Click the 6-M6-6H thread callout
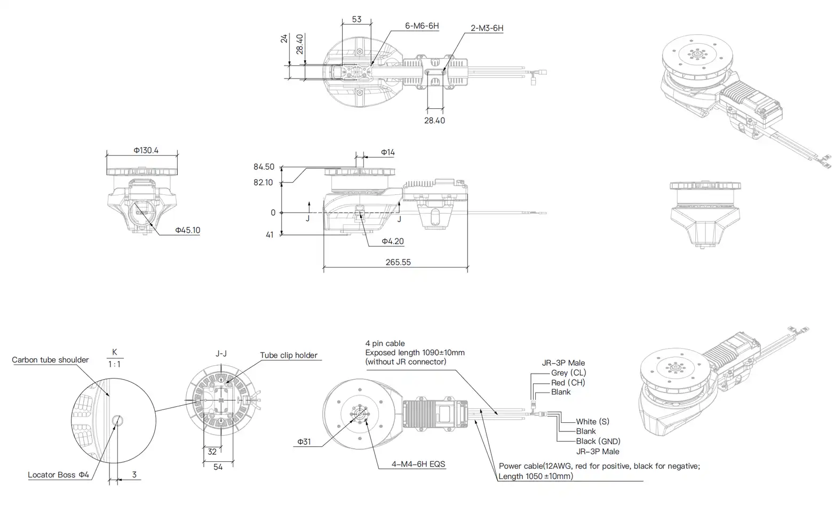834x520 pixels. [422, 26]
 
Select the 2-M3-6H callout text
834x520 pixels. [487, 28]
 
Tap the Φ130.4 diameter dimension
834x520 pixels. [146, 150]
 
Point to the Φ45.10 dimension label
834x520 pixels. [187, 230]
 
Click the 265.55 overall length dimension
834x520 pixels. [398, 262]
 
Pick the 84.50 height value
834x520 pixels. [264, 167]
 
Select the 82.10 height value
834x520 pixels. [263, 183]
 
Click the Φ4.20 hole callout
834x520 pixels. [392, 241]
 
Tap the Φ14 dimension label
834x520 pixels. [387, 153]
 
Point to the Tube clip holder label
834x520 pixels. [289, 355]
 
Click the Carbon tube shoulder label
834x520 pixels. [50, 360]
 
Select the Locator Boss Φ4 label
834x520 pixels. [59, 475]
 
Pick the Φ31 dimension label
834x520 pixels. [304, 442]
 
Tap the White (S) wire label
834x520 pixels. [592, 421]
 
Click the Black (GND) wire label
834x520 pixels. [598, 441]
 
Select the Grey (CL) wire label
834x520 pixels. [568, 373]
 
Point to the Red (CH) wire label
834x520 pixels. [568, 382]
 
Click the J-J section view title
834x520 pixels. [221, 353]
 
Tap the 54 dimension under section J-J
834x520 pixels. [218, 467]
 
